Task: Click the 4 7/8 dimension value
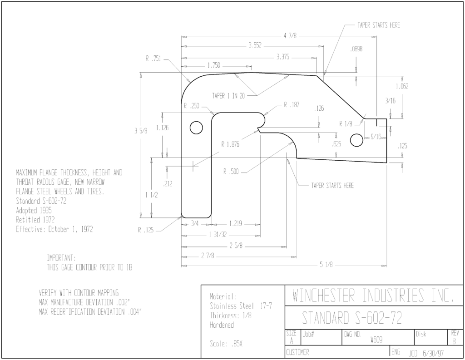290,36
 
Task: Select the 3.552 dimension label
255,46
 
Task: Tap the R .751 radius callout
153,59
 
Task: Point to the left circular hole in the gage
196,128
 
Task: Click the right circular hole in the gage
356,140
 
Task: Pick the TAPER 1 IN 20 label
228,96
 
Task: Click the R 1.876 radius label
230,144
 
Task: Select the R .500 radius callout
231,172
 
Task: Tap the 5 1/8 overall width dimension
326,265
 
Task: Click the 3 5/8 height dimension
141,131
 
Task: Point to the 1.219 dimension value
236,223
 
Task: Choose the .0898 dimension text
356,49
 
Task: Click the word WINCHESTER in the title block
323,296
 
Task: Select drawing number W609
376,340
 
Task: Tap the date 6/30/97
434,354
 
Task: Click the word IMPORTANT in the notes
61,257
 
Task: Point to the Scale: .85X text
226,344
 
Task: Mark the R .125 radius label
146,230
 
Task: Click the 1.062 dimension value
402,86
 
